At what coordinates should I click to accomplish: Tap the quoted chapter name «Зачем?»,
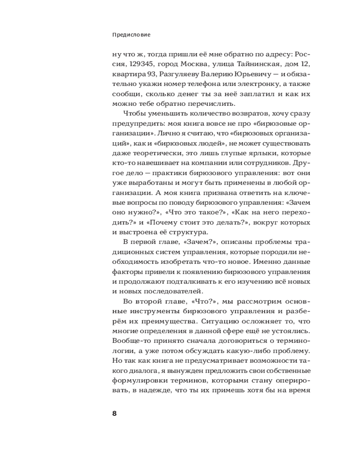190,243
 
